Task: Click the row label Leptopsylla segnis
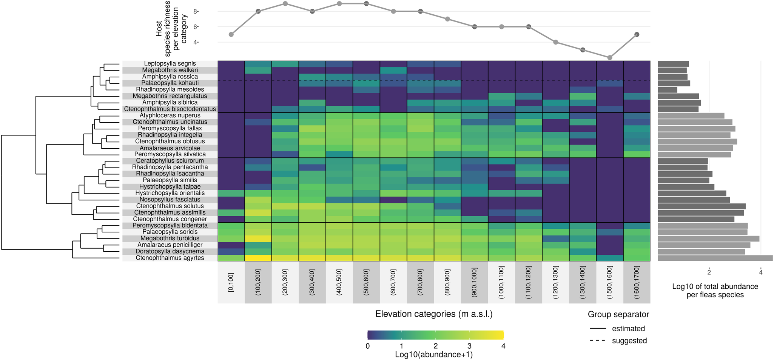point(170,64)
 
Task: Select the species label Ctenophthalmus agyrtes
point(170,258)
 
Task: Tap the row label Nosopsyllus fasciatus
point(170,200)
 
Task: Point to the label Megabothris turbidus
point(170,238)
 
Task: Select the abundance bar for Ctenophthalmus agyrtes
point(715,258)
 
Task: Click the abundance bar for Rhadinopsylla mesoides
point(667,90)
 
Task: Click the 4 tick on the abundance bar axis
point(760,272)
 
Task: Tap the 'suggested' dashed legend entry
point(629,341)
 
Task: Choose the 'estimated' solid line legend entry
point(628,329)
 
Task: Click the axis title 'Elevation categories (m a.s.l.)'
point(434,314)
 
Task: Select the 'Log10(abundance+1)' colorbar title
point(434,355)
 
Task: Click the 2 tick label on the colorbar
point(435,346)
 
